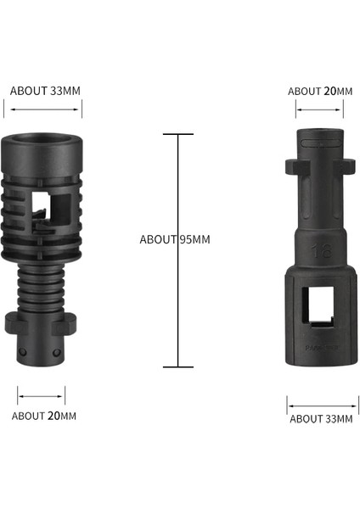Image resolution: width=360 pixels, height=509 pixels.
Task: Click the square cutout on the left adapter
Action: click(52, 206)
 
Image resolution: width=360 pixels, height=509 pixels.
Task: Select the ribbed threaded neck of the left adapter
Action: click(42, 285)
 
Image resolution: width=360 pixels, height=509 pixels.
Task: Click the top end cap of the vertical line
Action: click(177, 134)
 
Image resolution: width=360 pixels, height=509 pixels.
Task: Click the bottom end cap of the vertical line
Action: click(177, 366)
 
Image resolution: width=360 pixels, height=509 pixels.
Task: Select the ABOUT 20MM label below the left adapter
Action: click(43, 416)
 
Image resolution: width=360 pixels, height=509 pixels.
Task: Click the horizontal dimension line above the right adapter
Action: click(319, 109)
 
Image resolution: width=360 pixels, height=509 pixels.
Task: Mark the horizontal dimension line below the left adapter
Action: click(41, 394)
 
